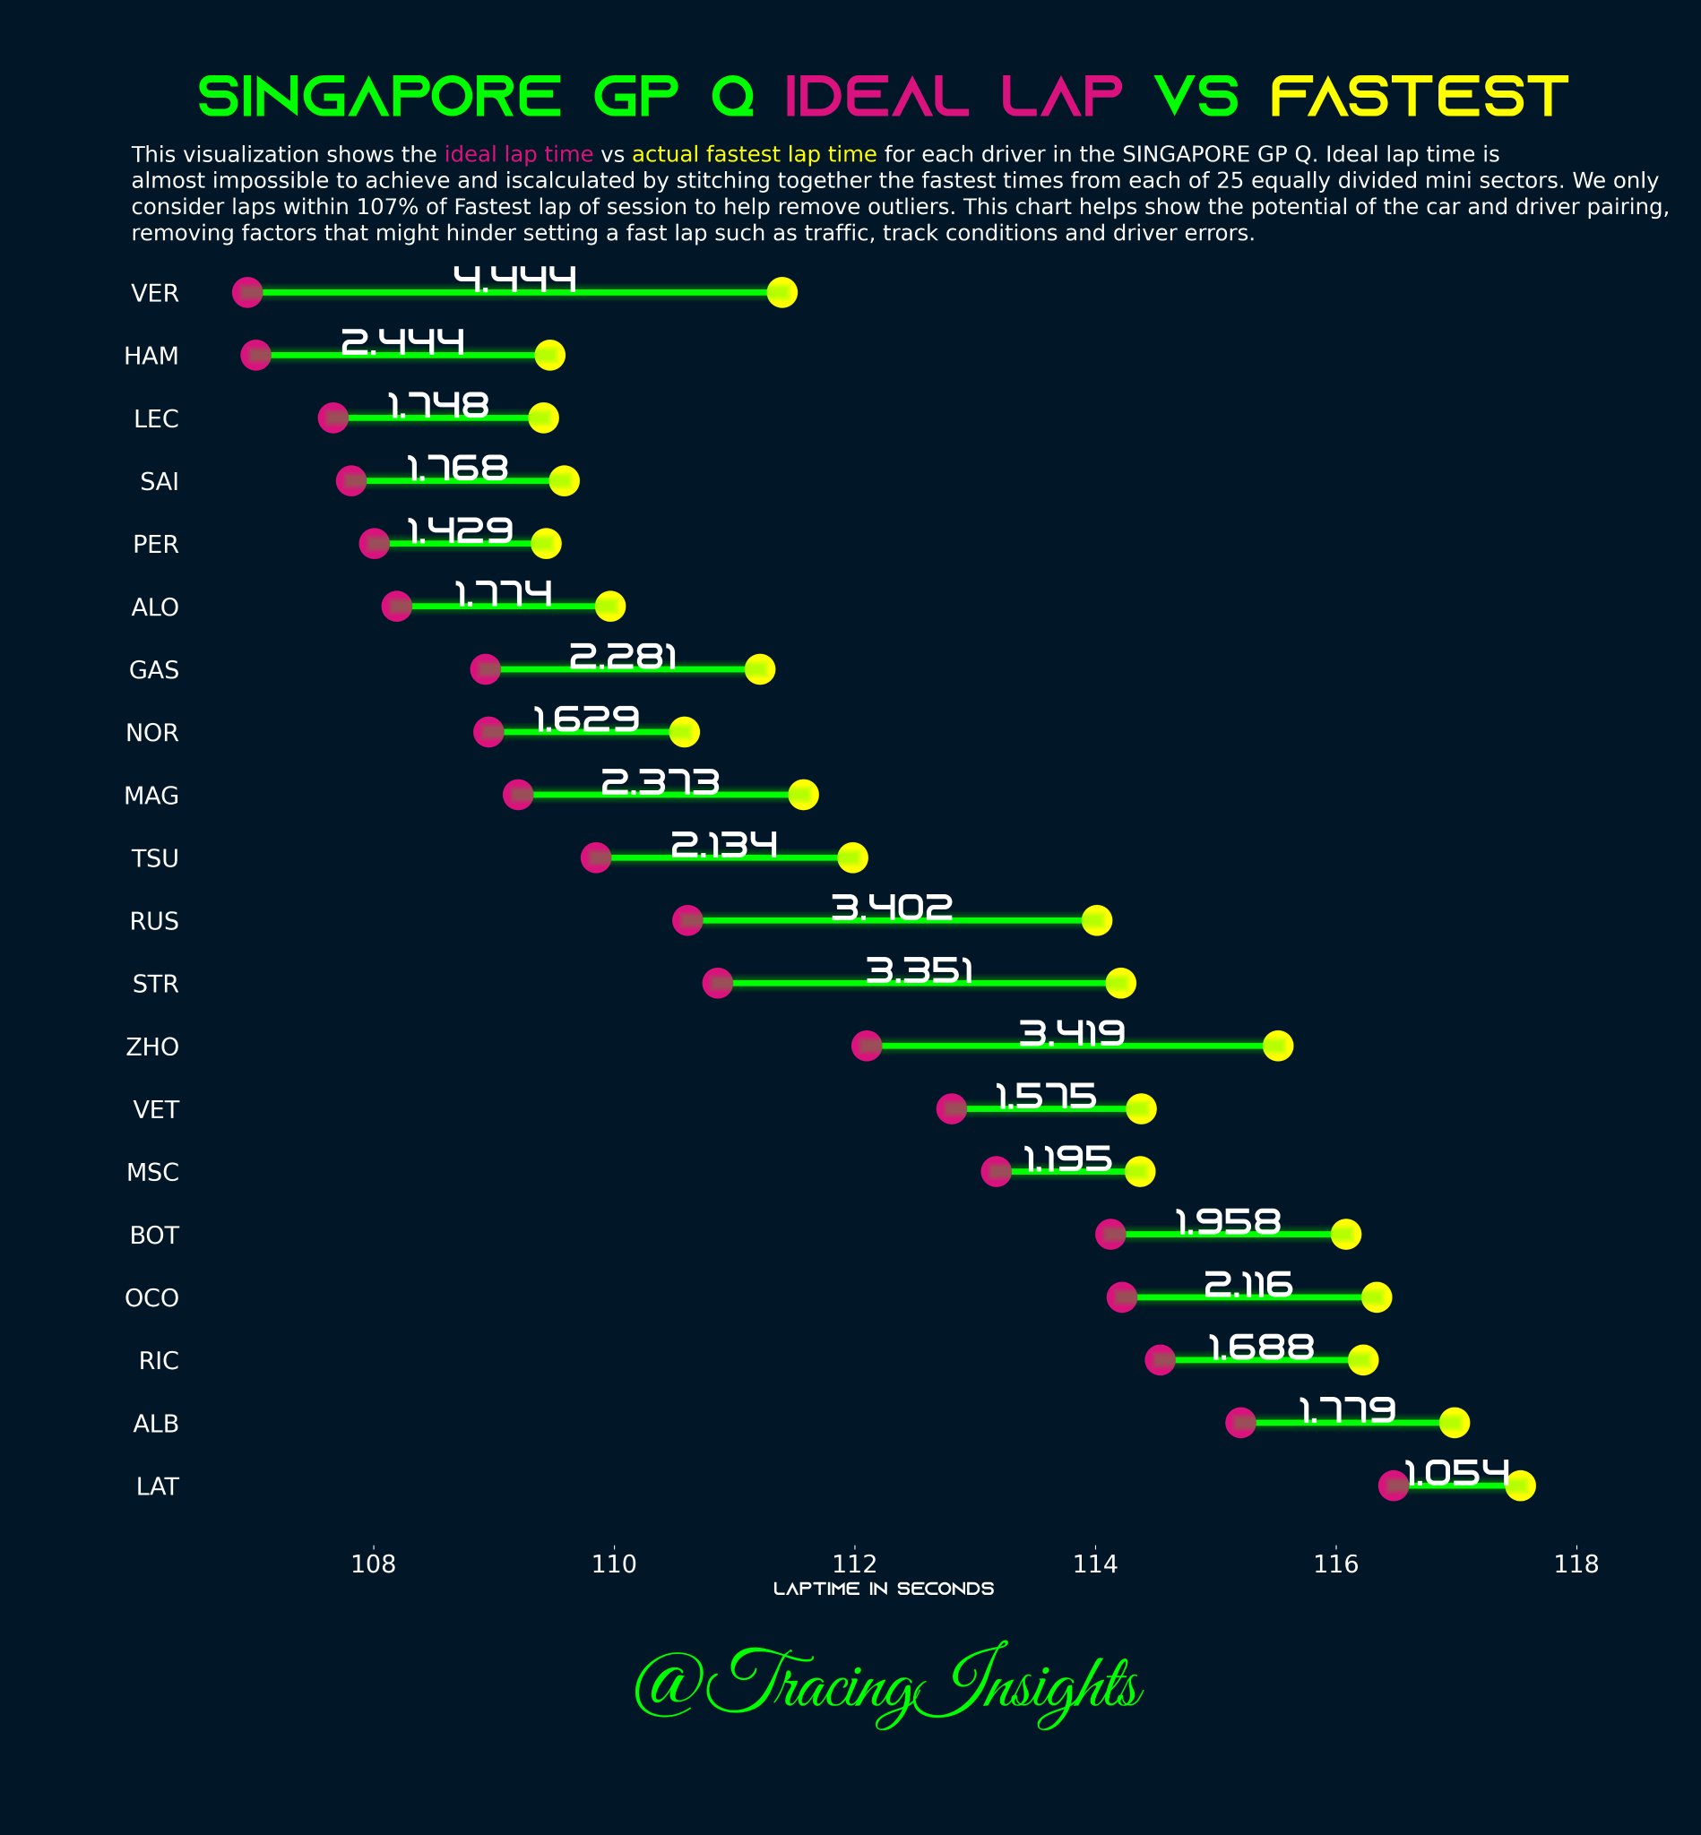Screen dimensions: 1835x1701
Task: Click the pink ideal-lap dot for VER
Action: point(246,293)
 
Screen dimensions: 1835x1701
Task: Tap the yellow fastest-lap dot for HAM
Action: point(549,355)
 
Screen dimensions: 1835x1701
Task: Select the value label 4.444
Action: point(514,279)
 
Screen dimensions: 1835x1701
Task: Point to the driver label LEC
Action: point(156,418)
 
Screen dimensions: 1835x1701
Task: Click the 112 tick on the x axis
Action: point(855,1564)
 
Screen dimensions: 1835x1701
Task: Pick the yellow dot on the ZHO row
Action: point(1278,1046)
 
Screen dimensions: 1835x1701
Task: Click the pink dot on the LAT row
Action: point(1393,1486)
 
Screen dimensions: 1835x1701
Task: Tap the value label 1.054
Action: point(1456,1472)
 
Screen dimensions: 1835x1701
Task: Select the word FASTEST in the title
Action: point(1419,97)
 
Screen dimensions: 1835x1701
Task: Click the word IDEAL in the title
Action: point(876,97)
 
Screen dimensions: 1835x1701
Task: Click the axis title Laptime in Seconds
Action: point(883,1589)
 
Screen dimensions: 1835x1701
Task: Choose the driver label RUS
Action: point(154,921)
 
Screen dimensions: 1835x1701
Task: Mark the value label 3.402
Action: point(891,908)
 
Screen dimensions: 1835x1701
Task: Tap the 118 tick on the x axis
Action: point(1576,1564)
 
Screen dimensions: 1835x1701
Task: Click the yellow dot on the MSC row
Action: point(1139,1171)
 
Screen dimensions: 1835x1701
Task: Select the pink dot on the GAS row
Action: point(485,669)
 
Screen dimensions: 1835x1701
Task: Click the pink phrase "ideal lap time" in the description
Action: point(518,154)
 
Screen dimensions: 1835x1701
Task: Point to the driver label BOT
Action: point(154,1235)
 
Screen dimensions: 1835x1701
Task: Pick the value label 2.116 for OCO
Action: point(1248,1284)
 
